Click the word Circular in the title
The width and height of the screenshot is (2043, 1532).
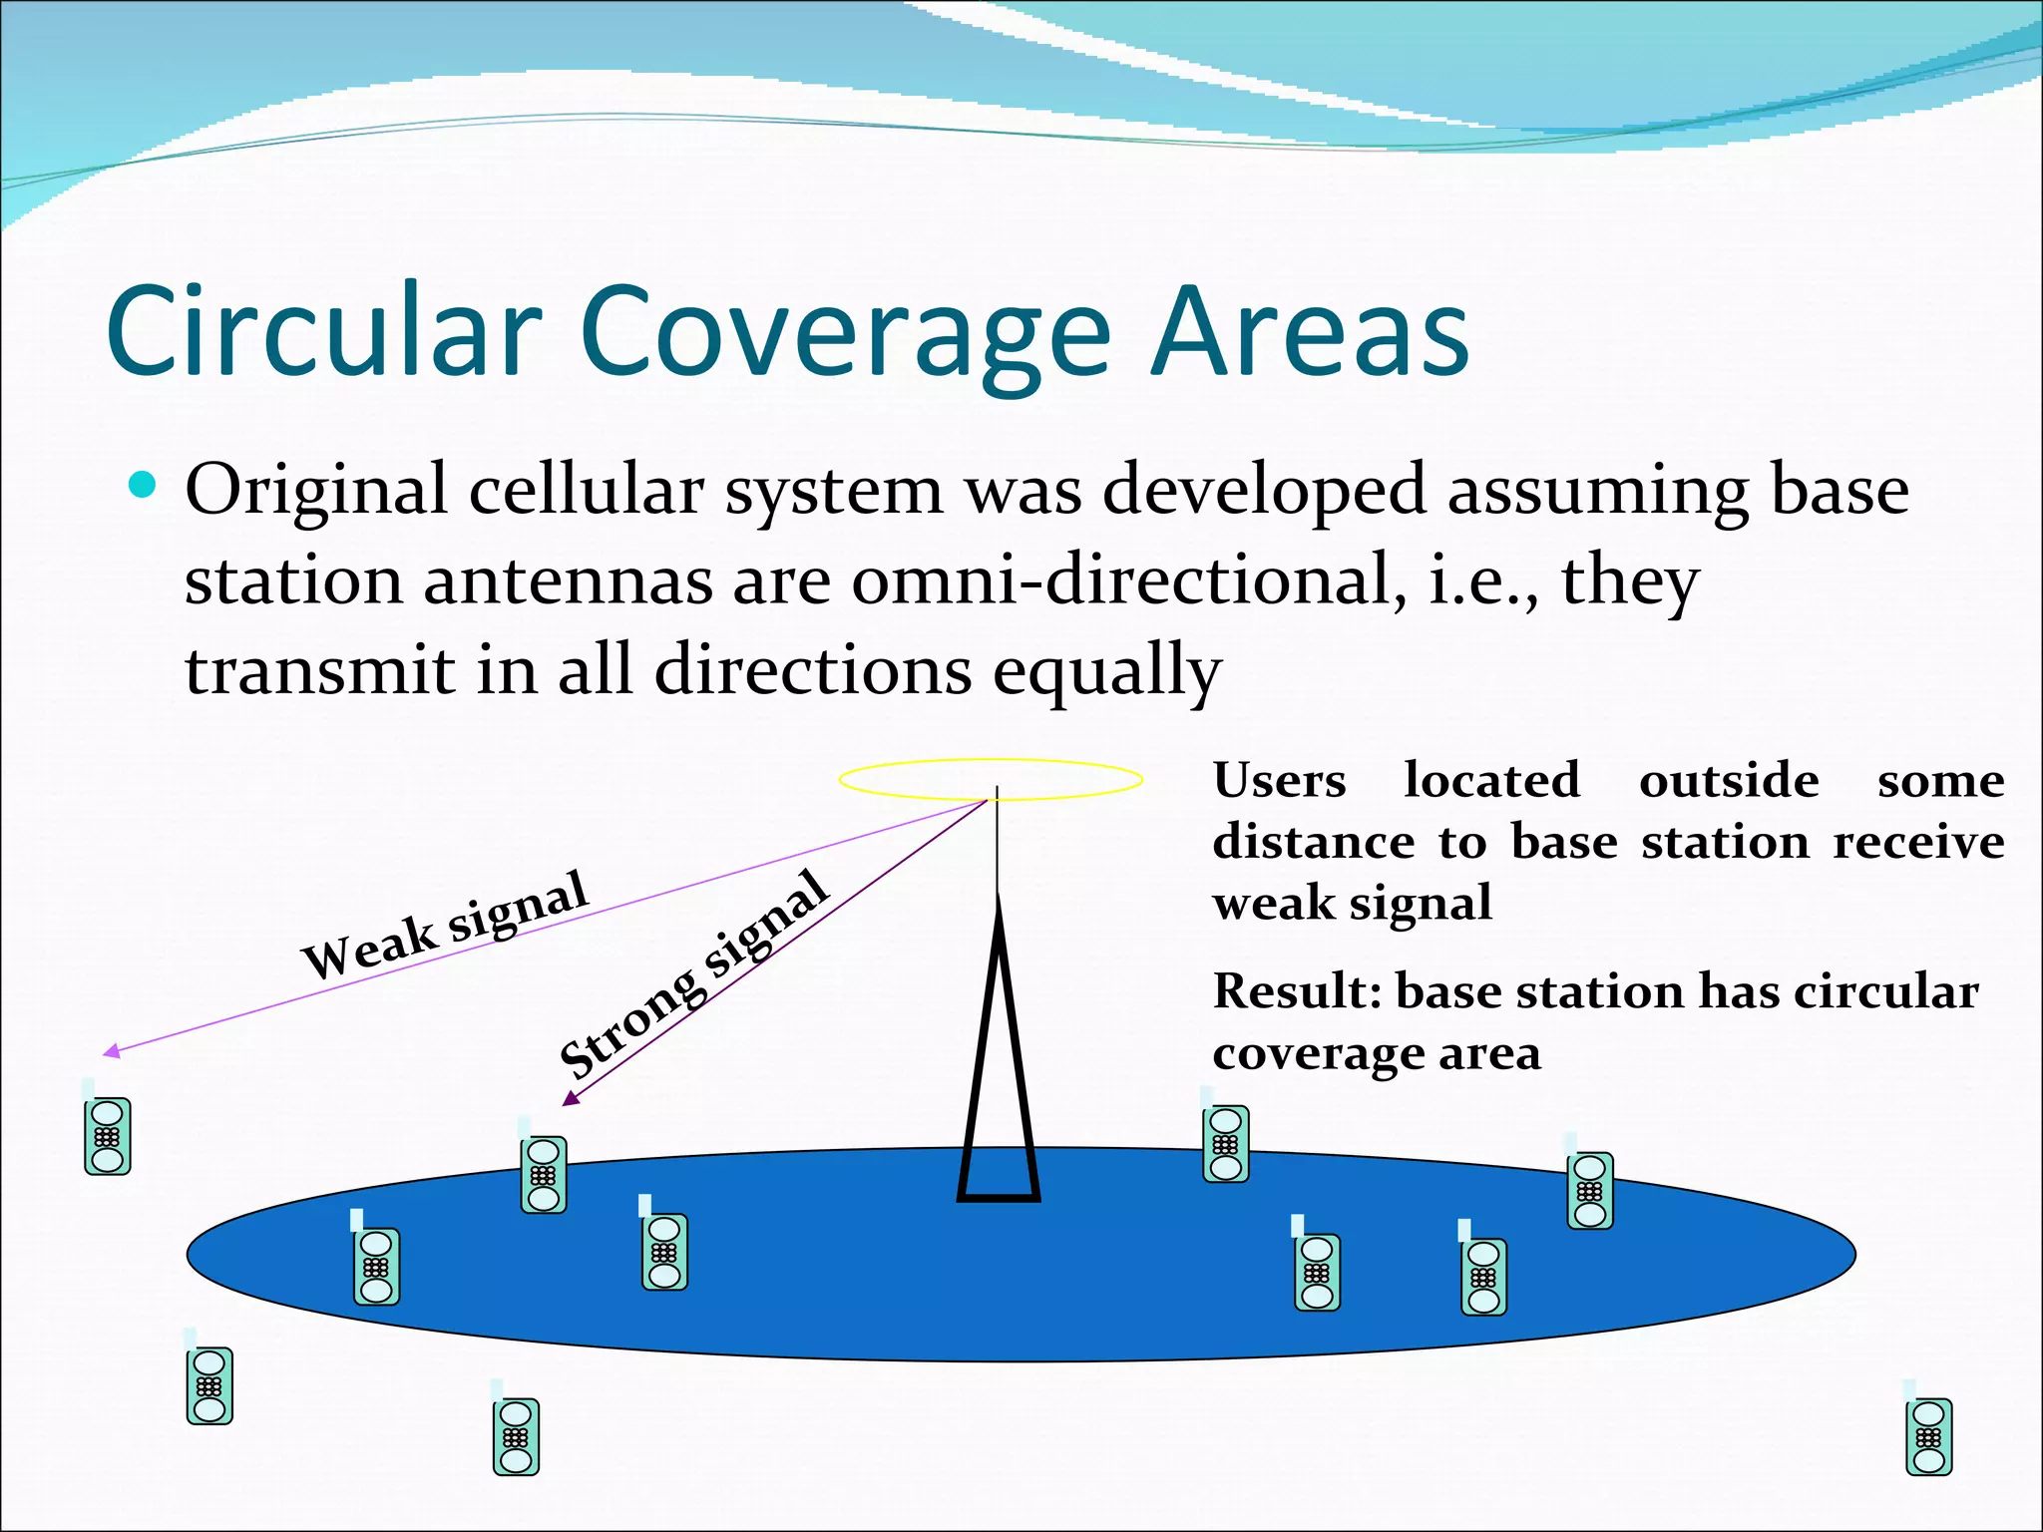click(x=324, y=331)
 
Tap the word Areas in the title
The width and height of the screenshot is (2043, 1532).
click(x=1309, y=331)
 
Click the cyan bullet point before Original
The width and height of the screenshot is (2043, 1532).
click(x=144, y=486)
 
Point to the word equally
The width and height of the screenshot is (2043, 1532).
click(x=1106, y=670)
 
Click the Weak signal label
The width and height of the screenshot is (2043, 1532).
click(x=445, y=924)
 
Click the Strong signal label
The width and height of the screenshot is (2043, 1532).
click(x=693, y=975)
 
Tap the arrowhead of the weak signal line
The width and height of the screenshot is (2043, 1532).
click(x=112, y=1050)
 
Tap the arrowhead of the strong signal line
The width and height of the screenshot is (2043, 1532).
click(x=571, y=1098)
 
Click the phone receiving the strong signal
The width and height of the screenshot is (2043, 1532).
click(x=544, y=1174)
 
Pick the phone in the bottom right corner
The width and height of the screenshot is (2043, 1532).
click(x=1928, y=1435)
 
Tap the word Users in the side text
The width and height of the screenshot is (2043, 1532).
click(x=1279, y=780)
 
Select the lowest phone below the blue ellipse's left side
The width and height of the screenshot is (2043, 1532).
click(x=516, y=1436)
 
